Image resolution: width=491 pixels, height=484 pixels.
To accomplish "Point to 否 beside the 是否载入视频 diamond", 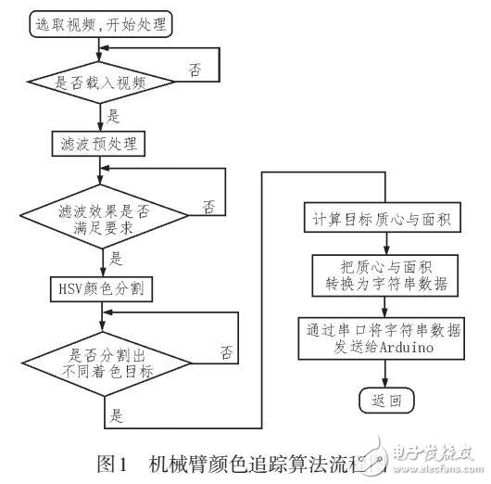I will (195, 70).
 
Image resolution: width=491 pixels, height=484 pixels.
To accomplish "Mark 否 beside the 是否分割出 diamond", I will (226, 352).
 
